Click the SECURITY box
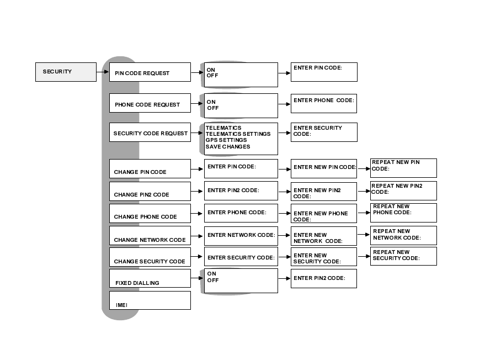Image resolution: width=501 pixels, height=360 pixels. click(x=66, y=72)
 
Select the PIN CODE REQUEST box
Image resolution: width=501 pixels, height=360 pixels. click(x=150, y=72)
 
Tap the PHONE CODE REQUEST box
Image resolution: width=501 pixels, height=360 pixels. click(x=150, y=104)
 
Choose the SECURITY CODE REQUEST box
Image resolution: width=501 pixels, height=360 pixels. click(x=150, y=133)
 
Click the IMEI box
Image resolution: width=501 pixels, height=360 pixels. click(x=150, y=300)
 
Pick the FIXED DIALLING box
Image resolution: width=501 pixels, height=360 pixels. click(x=150, y=278)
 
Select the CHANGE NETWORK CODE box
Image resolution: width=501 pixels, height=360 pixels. click(x=150, y=236)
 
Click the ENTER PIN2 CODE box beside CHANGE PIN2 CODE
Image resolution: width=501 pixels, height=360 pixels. click(x=241, y=191)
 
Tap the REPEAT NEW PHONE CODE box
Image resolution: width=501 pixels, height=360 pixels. click(x=403, y=213)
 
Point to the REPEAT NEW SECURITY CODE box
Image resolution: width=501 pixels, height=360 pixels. click(x=403, y=256)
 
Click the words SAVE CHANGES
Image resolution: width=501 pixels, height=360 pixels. click(x=228, y=147)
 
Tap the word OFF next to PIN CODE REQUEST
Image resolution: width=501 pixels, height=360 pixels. click(x=212, y=76)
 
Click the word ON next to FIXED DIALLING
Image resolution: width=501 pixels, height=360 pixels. click(x=211, y=274)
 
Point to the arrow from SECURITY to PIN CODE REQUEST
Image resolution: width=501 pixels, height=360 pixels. click(x=103, y=72)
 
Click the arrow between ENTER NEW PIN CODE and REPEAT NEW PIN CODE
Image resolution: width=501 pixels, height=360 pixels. click(x=364, y=167)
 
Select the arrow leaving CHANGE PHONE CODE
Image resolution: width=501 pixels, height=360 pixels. click(x=197, y=213)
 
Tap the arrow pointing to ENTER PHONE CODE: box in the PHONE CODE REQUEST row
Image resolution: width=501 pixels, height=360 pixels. click(x=284, y=104)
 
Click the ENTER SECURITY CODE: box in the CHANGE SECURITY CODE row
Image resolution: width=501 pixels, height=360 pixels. click(x=241, y=257)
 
